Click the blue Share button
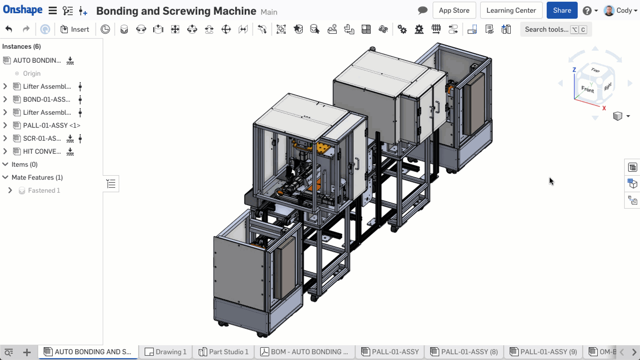pos(562,10)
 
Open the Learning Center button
pos(511,10)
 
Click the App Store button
pos(454,10)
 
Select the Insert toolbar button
pos(75,29)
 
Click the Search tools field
pos(546,29)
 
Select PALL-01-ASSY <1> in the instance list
pos(51,125)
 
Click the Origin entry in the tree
pos(32,74)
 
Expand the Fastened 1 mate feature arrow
pos(10,190)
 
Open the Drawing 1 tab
pos(166,352)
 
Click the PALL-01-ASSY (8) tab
pos(464,352)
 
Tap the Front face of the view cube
pos(587,89)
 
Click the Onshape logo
pos(23,10)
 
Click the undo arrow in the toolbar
pos(9,29)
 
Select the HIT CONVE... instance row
pos(42,151)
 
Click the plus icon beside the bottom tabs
pos(27,352)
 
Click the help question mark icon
pos(587,11)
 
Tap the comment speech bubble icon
pos(422,10)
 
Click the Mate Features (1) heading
pos(37,177)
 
